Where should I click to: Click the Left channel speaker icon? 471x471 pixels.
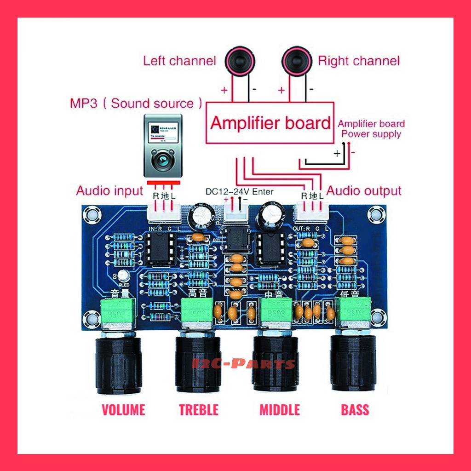pos(239,61)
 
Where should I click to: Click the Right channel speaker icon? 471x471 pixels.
pos(297,61)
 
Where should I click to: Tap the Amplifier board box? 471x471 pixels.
pos(270,123)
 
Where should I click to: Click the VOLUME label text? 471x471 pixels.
pos(123,409)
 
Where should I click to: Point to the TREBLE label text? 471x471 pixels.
pos(199,409)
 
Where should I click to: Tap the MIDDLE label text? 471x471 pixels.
pos(280,409)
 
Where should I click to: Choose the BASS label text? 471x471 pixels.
pos(355,409)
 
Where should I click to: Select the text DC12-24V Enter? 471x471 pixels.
pos(239,192)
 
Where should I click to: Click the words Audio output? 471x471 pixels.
pos(364,191)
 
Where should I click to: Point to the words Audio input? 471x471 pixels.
pos(110,190)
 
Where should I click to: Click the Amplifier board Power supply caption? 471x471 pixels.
pos(371,129)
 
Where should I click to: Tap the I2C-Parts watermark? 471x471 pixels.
pos(243,364)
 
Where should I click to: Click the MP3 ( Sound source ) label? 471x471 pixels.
pos(136,103)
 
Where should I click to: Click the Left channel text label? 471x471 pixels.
pos(179,61)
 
